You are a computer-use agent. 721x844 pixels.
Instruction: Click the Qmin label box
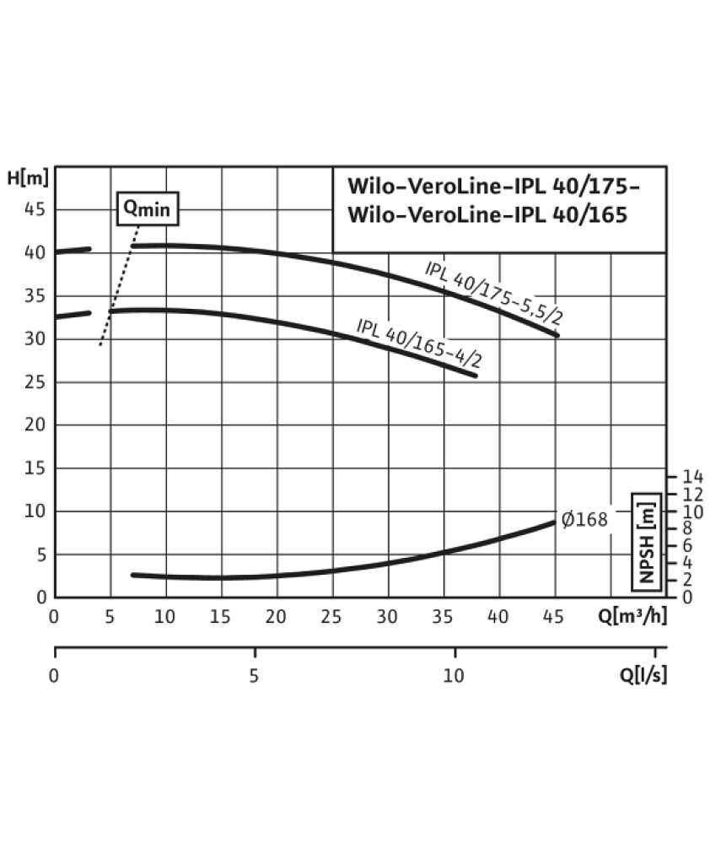148,208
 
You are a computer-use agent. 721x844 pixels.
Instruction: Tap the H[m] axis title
28,177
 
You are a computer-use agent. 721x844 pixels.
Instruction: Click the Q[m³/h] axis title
632,616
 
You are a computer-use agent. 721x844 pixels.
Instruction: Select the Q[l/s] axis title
643,675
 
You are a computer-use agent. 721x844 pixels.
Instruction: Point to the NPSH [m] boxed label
646,542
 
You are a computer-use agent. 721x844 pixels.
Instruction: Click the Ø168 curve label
584,519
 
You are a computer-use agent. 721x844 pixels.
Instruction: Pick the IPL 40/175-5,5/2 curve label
493,294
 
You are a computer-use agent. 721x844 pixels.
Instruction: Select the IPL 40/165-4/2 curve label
419,343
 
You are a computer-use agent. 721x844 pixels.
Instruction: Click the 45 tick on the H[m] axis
35,208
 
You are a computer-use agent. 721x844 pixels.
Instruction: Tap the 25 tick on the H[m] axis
35,381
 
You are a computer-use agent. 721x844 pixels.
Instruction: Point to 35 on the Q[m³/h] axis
443,616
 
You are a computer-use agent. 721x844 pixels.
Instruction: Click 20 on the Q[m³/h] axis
276,616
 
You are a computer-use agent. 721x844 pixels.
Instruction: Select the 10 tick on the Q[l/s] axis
453,675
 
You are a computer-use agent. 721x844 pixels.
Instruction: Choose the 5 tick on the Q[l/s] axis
254,675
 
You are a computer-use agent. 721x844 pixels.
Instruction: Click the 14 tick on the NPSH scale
692,476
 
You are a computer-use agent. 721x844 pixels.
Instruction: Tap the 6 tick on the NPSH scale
687,545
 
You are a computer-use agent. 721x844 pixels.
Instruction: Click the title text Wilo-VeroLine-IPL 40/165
487,214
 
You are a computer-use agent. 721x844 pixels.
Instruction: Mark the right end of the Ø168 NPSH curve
554,522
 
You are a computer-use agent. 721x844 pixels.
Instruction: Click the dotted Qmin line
120,285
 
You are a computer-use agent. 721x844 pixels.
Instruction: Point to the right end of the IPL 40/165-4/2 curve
476,376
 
